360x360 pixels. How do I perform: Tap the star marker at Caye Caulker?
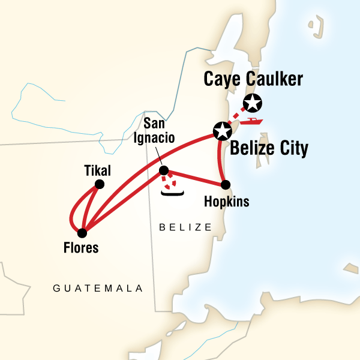(x=253, y=103)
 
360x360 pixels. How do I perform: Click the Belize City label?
(x=269, y=148)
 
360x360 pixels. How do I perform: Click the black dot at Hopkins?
(x=226, y=185)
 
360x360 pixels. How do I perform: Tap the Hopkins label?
(x=226, y=202)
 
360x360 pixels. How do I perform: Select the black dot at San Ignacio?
(x=163, y=170)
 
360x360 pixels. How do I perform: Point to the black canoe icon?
(x=172, y=193)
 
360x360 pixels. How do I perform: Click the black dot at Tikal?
(x=100, y=184)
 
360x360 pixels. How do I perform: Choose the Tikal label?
(x=100, y=170)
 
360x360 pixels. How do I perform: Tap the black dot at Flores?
(x=82, y=232)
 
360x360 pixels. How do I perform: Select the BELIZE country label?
(x=185, y=227)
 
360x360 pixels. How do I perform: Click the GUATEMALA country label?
(x=98, y=288)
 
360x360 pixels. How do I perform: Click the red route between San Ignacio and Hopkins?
(x=195, y=178)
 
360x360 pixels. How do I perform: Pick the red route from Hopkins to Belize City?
(x=217, y=157)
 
